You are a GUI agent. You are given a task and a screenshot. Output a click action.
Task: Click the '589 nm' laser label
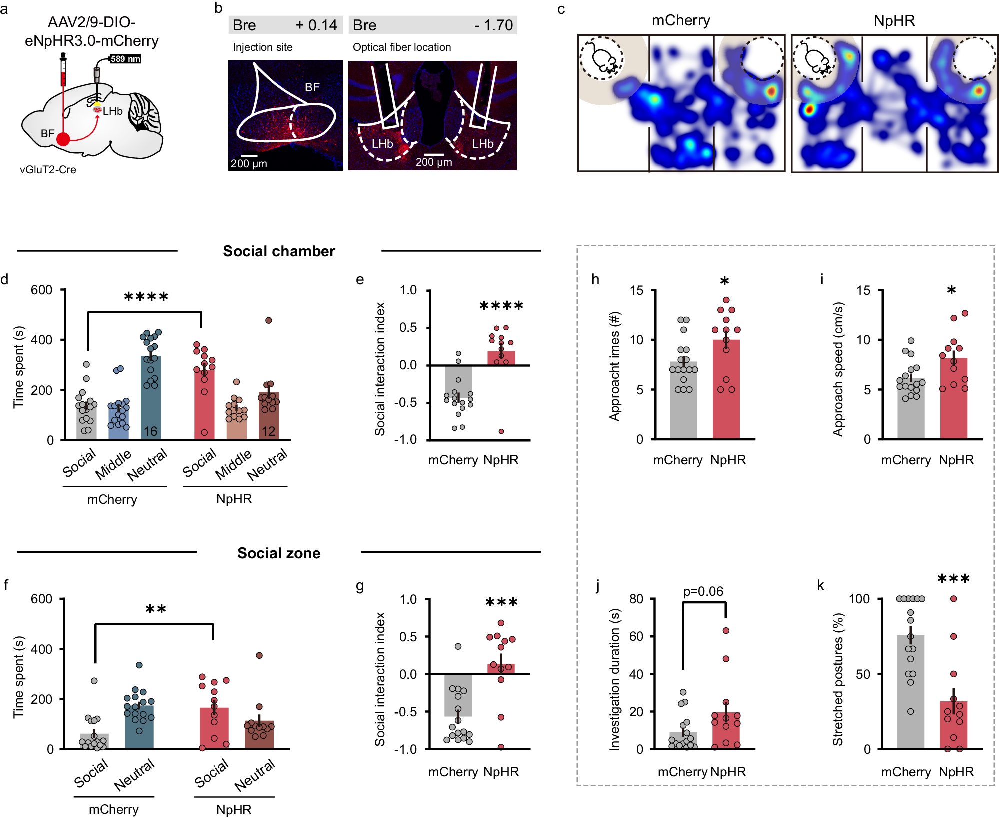coord(125,59)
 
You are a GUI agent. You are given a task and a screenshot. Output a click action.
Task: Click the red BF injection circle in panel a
coord(63,139)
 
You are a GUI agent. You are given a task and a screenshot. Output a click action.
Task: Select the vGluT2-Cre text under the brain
coord(48,170)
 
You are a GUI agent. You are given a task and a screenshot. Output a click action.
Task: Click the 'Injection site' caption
coord(263,47)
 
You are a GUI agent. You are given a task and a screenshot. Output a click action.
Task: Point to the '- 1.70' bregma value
coord(493,25)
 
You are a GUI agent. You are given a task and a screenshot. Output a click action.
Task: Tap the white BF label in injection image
coord(312,87)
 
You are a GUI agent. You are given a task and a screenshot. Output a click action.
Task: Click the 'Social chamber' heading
coord(279,251)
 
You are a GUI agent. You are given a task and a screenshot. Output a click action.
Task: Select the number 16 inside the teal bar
coord(150,431)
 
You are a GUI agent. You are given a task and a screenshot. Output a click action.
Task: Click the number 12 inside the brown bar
coord(269,431)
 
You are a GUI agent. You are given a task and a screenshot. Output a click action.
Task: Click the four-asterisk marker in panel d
coord(146,298)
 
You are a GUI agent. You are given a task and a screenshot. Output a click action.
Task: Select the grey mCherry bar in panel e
coord(458,382)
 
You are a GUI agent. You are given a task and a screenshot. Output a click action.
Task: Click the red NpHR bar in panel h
coord(726,390)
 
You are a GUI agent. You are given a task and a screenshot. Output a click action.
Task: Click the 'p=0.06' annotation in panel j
coord(703,591)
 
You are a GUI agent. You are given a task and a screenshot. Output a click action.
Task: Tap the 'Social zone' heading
coord(279,553)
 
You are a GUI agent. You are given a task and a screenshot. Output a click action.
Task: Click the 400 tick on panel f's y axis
coord(42,649)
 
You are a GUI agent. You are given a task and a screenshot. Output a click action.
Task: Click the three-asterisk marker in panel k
coord(953,580)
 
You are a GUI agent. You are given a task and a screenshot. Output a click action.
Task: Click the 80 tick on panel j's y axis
coord(636,599)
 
